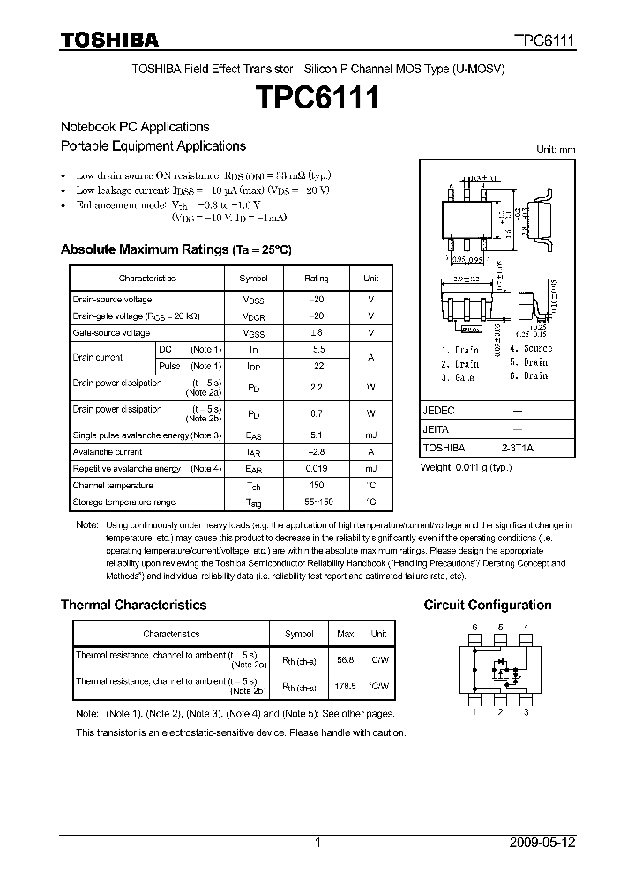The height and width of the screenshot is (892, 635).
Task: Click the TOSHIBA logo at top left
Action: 109,40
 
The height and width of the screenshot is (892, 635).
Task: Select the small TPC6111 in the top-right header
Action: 545,41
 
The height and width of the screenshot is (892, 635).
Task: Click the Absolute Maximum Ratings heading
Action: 176,249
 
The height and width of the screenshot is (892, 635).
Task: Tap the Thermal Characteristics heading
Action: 133,605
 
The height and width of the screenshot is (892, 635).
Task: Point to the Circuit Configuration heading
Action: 488,605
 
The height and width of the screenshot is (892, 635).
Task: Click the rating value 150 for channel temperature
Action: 316,486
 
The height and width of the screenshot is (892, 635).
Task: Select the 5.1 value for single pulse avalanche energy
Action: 316,435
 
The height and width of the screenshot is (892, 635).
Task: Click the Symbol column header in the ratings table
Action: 253,278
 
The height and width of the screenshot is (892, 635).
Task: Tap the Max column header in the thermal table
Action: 345,634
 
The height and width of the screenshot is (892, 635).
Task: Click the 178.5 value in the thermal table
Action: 345,685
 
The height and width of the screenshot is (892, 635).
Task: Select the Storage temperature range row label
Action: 123,502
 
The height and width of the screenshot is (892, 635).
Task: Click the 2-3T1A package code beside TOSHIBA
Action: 518,449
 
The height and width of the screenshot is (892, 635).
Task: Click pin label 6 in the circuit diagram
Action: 474,628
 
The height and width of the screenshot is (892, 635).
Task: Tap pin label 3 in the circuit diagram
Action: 526,711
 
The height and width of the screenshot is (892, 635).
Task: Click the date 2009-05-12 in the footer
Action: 542,843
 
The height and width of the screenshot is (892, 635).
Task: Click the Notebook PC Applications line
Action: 135,127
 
